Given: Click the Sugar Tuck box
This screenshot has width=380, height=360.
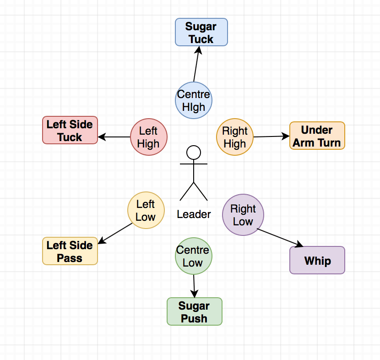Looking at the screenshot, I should pyautogui.click(x=201, y=32).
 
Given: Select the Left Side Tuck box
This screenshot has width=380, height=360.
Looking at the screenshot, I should pyautogui.click(x=70, y=131).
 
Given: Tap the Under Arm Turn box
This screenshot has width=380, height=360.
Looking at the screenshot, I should pyautogui.click(x=317, y=136).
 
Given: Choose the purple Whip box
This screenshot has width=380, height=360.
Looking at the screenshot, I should pyautogui.click(x=317, y=260).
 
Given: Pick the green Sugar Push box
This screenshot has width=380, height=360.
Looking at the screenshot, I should pyautogui.click(x=194, y=312).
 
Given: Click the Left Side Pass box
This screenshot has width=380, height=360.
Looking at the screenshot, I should pyautogui.click(x=70, y=251).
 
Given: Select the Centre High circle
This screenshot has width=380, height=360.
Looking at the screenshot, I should pyautogui.click(x=194, y=100).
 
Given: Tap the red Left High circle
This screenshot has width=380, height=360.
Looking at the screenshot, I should pyautogui.click(x=148, y=137).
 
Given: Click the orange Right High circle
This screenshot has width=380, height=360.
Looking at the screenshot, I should pyautogui.click(x=234, y=137).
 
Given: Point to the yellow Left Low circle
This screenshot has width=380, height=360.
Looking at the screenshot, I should pyautogui.click(x=146, y=210).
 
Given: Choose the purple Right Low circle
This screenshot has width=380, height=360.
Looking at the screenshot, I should pyautogui.click(x=243, y=215).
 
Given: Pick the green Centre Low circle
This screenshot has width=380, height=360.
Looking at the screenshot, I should pyautogui.click(x=193, y=256).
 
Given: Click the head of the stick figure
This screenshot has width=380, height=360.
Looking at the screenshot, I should pyautogui.click(x=194, y=152).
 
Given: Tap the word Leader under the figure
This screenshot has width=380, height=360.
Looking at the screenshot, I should pyautogui.click(x=194, y=214).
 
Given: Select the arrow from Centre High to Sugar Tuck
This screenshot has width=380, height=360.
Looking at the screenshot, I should pyautogui.click(x=197, y=64).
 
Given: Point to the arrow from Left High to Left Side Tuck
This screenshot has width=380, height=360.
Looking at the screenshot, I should pyautogui.click(x=114, y=137).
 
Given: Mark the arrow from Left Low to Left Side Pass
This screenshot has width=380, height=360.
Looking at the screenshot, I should pyautogui.click(x=115, y=233).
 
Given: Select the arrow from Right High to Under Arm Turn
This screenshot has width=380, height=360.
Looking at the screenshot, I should pyautogui.click(x=271, y=136).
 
